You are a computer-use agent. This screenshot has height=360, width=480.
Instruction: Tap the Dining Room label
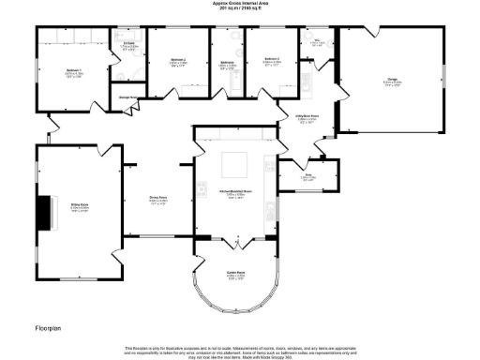[158, 199]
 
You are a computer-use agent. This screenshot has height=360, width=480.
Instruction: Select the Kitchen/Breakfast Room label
[232, 195]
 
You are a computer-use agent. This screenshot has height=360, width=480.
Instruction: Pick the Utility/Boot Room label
[308, 118]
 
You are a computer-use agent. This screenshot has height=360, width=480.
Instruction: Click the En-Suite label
[128, 45]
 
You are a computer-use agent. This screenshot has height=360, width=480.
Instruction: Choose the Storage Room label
[129, 97]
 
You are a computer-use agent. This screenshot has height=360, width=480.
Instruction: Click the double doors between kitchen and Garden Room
[237, 244]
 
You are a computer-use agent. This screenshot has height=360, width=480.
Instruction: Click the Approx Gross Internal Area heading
[238, 4]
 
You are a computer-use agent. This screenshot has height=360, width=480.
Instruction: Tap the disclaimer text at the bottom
[239, 350]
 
